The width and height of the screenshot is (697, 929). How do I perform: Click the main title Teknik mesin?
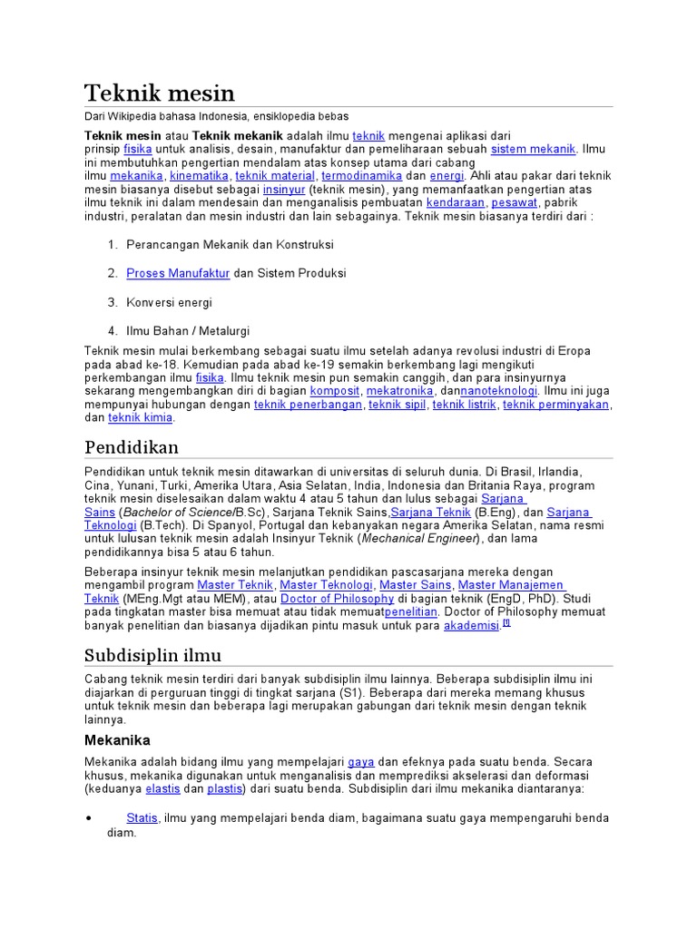tap(160, 93)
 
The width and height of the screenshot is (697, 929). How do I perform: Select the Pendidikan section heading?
tap(132, 447)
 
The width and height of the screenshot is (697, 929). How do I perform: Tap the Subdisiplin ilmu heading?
tap(152, 655)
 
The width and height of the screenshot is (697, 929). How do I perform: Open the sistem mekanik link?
tap(534, 149)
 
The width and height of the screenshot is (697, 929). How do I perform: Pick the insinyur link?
tap(283, 190)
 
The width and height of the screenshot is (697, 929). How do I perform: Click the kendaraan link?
tap(456, 203)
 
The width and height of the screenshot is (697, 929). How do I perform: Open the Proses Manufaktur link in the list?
tap(178, 273)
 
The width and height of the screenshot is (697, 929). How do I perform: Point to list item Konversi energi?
tap(169, 302)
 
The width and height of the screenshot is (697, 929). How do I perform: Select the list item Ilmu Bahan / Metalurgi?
tap(188, 331)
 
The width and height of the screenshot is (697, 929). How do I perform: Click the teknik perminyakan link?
tap(555, 405)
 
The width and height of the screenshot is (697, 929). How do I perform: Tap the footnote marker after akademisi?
tap(506, 623)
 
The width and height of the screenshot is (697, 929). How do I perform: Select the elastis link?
tap(162, 789)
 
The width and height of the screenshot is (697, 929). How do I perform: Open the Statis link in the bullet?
tap(142, 818)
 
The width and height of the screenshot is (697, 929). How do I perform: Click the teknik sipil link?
tap(397, 405)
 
